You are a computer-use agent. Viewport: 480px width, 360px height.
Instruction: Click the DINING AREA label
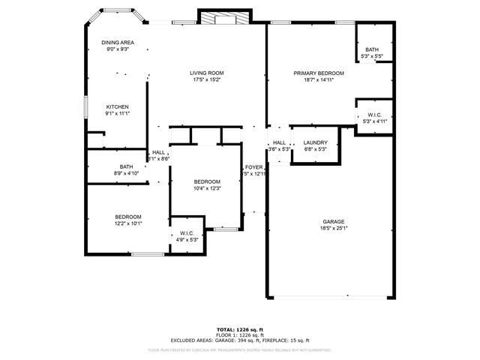click(118, 43)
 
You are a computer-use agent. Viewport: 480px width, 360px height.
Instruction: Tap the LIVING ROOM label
click(207, 73)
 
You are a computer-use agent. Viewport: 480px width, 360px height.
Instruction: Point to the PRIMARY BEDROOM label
click(319, 73)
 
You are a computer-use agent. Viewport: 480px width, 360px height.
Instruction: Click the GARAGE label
click(334, 221)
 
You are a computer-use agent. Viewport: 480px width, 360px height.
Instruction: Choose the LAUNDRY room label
click(315, 142)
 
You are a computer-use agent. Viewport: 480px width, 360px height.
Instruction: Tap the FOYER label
click(253, 166)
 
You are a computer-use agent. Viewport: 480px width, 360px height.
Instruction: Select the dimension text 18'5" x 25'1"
click(334, 228)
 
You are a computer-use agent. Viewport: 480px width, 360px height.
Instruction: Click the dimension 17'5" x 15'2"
click(207, 79)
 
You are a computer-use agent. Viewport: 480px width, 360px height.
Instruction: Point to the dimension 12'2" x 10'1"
click(127, 223)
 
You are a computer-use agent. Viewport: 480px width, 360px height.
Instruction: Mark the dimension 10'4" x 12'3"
click(207, 188)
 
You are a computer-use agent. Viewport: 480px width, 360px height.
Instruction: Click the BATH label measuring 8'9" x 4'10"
click(126, 166)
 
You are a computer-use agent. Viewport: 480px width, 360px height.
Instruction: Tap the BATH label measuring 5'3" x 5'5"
click(372, 49)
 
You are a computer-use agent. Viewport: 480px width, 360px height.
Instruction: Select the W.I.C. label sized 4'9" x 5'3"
click(187, 233)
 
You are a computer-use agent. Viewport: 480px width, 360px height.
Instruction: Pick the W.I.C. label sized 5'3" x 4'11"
click(373, 114)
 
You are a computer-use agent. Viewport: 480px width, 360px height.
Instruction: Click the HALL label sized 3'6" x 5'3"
click(279, 142)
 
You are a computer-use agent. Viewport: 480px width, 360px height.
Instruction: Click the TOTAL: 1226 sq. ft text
click(239, 329)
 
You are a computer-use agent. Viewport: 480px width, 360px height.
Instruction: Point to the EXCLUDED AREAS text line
click(239, 340)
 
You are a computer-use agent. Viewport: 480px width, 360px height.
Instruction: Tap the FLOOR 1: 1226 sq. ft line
click(239, 334)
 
